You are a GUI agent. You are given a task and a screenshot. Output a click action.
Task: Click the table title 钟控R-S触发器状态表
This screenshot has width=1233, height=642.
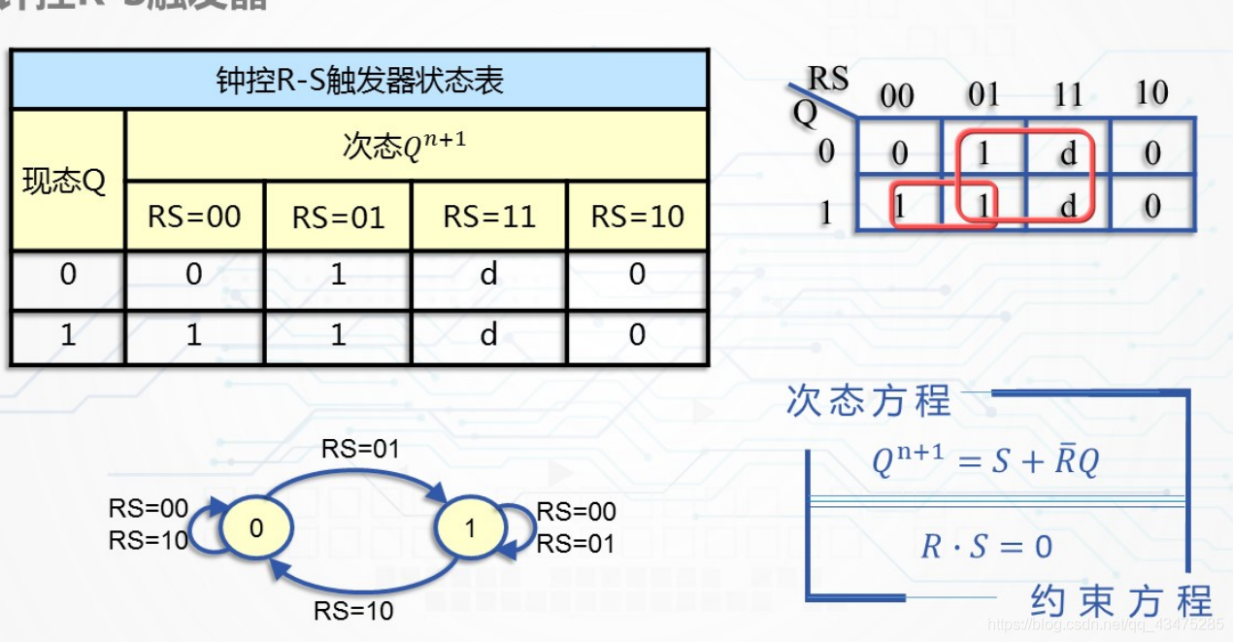click(359, 81)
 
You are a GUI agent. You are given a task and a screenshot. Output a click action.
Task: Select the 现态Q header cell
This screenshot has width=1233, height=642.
click(65, 182)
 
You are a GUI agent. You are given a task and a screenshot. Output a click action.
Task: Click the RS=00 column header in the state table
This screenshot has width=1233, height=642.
click(194, 217)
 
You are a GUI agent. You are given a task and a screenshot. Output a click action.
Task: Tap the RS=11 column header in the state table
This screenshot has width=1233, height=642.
click(489, 217)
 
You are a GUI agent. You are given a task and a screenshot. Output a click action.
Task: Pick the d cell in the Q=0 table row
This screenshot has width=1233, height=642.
click(489, 275)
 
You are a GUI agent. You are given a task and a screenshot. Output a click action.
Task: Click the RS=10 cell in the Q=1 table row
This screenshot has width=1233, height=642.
click(637, 336)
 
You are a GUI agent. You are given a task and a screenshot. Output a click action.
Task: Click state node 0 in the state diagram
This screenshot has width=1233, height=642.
click(256, 527)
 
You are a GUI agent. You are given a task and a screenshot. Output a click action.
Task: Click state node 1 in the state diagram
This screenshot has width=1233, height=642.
click(471, 527)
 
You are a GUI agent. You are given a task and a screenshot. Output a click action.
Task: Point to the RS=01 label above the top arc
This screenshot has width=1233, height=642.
click(360, 449)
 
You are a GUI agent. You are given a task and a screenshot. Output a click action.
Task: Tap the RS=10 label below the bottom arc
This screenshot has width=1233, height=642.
click(353, 611)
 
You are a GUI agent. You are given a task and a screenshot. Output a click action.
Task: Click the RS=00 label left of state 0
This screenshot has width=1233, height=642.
click(149, 509)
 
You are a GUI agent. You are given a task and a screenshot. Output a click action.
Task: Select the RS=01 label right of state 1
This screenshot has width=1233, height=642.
click(577, 543)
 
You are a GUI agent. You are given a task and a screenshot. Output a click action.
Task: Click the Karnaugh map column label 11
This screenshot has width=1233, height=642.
click(1068, 95)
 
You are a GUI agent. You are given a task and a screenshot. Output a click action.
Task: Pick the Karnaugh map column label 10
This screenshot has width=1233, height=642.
click(1151, 94)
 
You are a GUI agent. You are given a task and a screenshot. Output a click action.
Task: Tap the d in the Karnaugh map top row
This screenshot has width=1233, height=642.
click(1068, 153)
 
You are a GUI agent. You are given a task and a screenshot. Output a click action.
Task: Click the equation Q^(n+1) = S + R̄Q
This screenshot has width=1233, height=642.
click(984, 462)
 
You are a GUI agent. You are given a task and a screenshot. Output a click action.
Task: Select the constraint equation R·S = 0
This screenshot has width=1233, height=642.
click(986, 547)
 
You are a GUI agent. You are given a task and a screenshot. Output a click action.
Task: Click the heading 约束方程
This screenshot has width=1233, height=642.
click(1121, 601)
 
